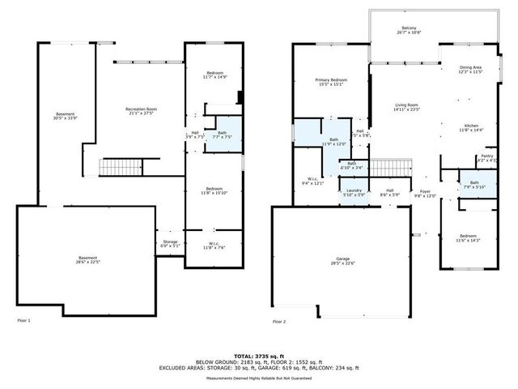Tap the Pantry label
[486, 158]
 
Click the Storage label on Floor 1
[168, 243]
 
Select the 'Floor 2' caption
[279, 322]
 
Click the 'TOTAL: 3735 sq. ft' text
[258, 356]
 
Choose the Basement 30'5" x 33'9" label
[65, 116]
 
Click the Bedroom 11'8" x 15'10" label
[214, 190]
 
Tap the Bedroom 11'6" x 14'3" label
[468, 238]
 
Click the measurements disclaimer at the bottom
[258, 378]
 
